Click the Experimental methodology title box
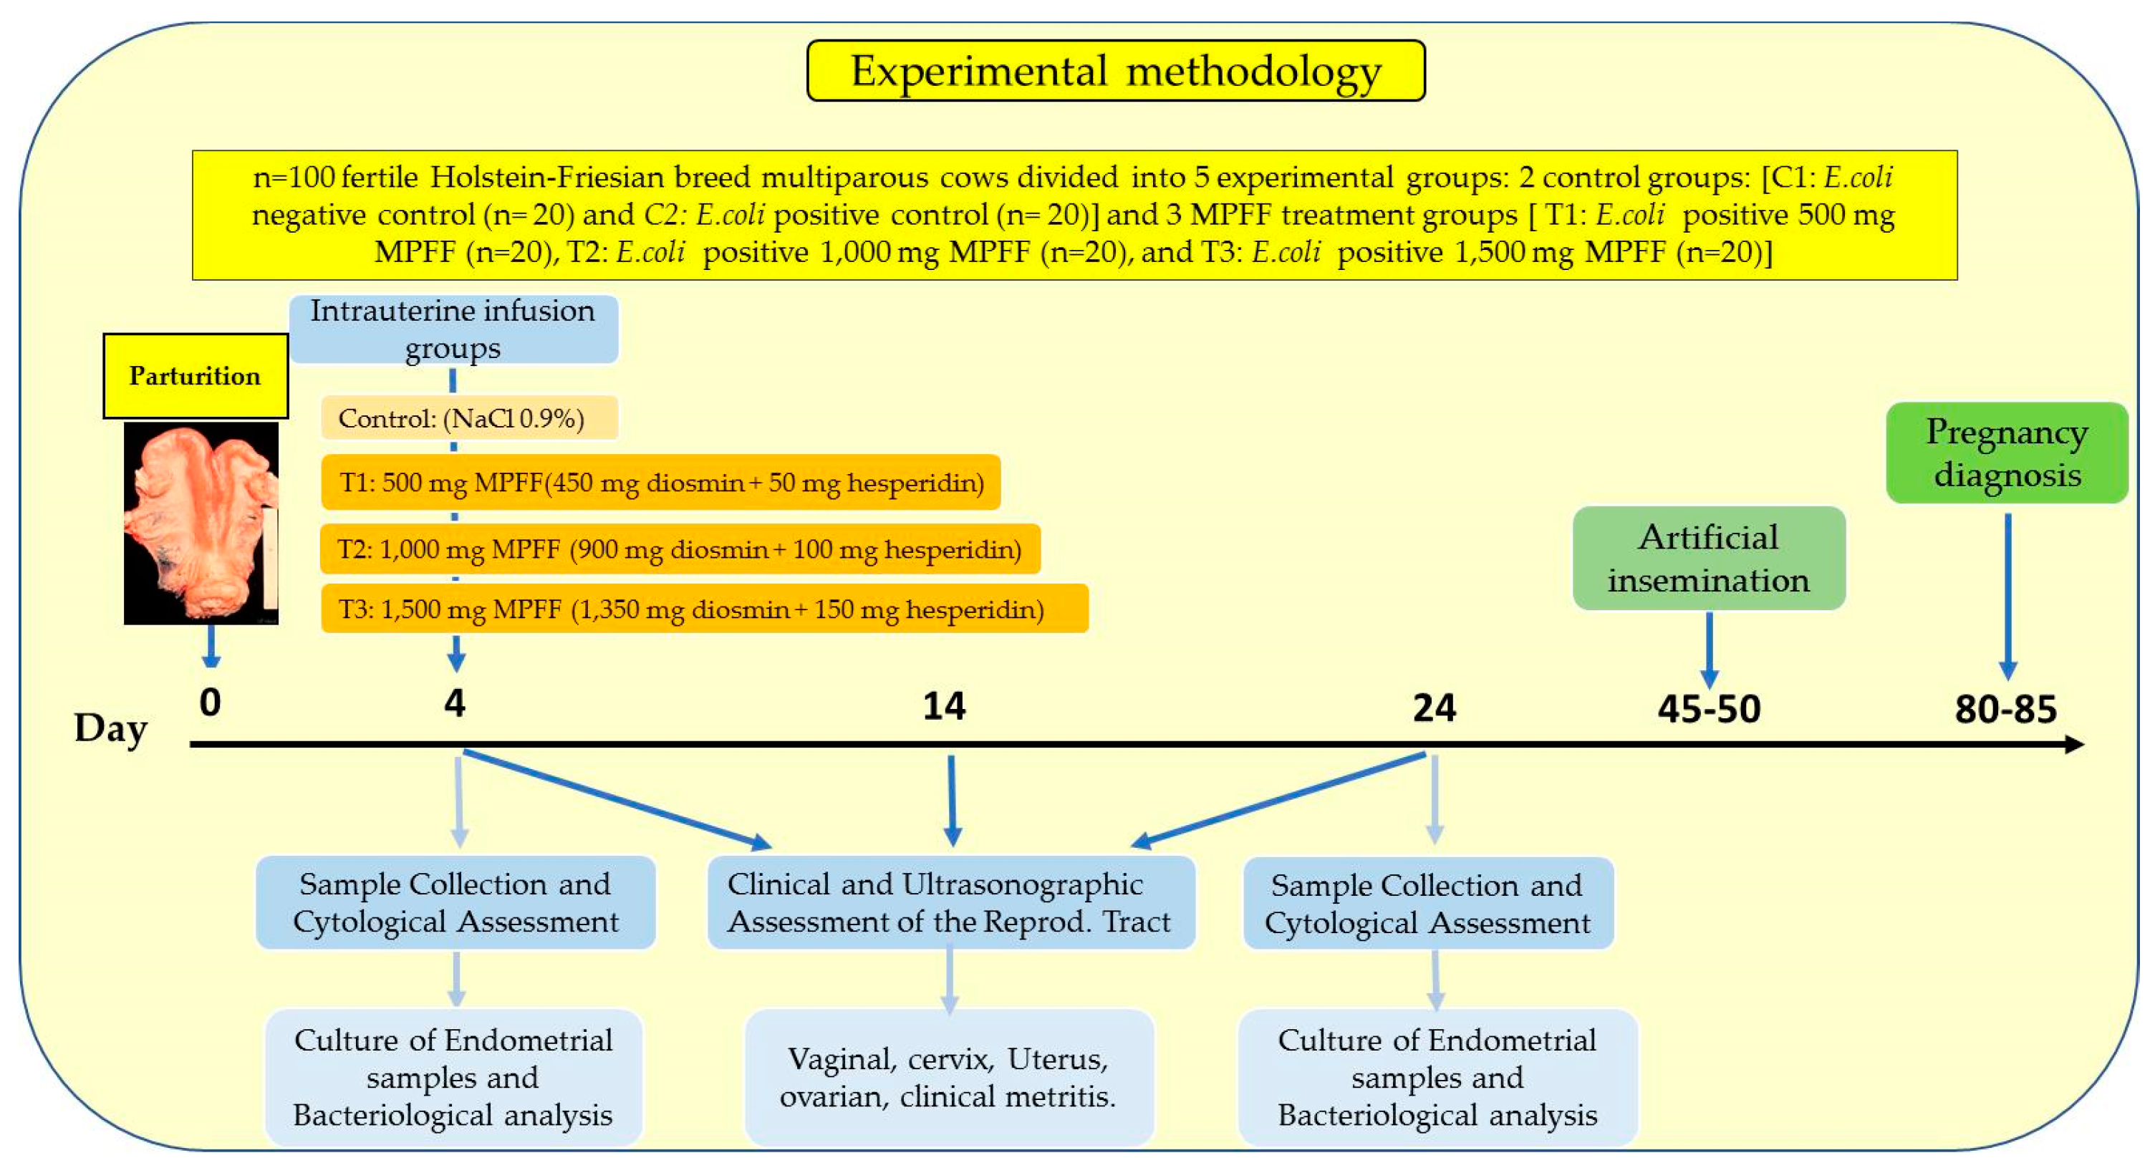(x=1115, y=71)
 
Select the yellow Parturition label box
(x=195, y=376)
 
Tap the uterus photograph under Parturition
(x=201, y=523)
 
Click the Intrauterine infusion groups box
(x=453, y=329)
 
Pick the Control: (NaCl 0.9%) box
(x=469, y=418)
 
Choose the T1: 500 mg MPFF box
(x=661, y=483)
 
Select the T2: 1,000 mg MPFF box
(x=679, y=550)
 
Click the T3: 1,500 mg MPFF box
(x=705, y=609)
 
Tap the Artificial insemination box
(x=1708, y=558)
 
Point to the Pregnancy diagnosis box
(x=2006, y=453)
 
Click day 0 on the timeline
(x=210, y=702)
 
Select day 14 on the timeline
(x=944, y=706)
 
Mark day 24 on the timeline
(x=1434, y=708)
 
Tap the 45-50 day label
(x=1709, y=709)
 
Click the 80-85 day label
(x=2005, y=709)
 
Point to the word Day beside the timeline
(x=110, y=728)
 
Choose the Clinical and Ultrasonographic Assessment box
(x=950, y=903)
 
